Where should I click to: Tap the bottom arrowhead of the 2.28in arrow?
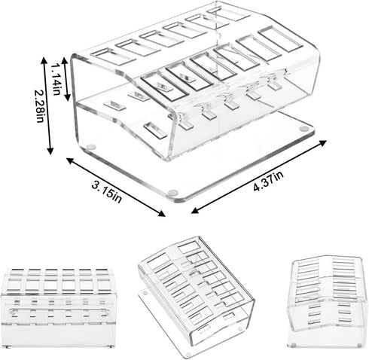pos(52,151)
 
